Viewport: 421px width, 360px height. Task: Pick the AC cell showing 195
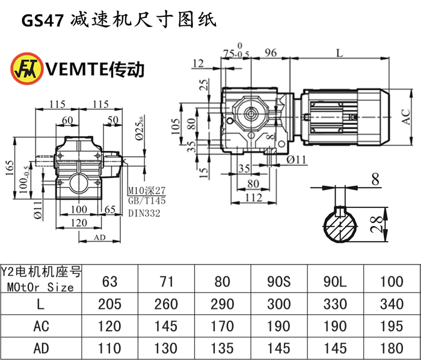tap(392, 326)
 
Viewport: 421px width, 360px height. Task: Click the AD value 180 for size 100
tap(392, 349)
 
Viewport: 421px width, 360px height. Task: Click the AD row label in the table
tap(40, 349)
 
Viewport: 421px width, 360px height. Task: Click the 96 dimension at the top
tap(271, 53)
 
